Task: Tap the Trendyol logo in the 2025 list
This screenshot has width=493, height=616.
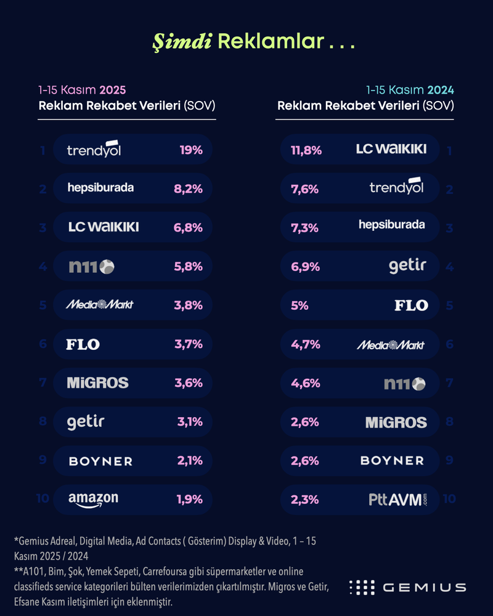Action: (94, 150)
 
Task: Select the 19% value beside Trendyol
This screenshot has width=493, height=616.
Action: (192, 150)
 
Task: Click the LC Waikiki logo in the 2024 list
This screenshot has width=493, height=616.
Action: (391, 149)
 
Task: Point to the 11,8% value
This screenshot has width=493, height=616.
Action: (306, 150)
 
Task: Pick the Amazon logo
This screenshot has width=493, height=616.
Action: (93, 500)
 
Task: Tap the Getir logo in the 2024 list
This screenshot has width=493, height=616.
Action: (407, 266)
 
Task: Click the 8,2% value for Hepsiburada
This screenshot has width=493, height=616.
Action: (189, 188)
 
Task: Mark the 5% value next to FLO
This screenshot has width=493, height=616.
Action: (299, 305)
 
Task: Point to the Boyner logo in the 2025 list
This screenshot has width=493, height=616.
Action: (100, 461)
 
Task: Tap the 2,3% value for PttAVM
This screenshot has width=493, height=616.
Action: (304, 499)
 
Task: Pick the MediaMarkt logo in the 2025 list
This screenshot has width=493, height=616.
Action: (100, 305)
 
